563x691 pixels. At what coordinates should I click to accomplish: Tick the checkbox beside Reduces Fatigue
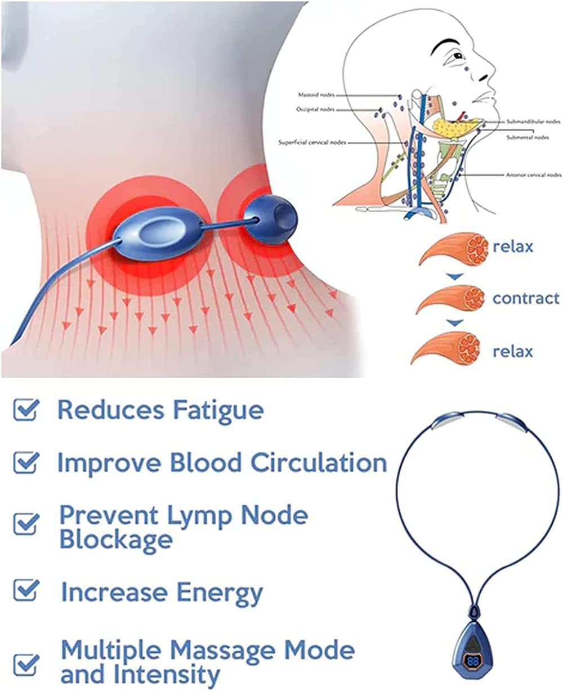tap(26, 410)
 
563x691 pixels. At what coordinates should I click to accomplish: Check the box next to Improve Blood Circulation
tap(26, 463)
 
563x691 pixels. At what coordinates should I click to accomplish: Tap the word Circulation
tap(319, 463)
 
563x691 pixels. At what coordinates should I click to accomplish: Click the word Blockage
tap(116, 540)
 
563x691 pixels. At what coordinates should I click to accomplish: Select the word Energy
tap(220, 593)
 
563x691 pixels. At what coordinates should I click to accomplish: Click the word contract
tap(526, 298)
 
